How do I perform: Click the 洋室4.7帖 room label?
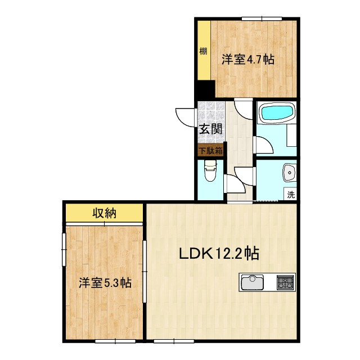(247, 59)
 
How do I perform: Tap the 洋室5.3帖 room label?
(105, 282)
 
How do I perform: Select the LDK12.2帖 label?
(219, 254)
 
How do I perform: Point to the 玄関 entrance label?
(210, 129)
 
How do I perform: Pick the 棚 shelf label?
(203, 52)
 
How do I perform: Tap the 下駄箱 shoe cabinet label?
(210, 151)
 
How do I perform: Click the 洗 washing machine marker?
(291, 195)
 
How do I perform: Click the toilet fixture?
(210, 171)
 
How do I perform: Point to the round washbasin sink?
(290, 172)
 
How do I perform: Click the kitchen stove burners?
(285, 281)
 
